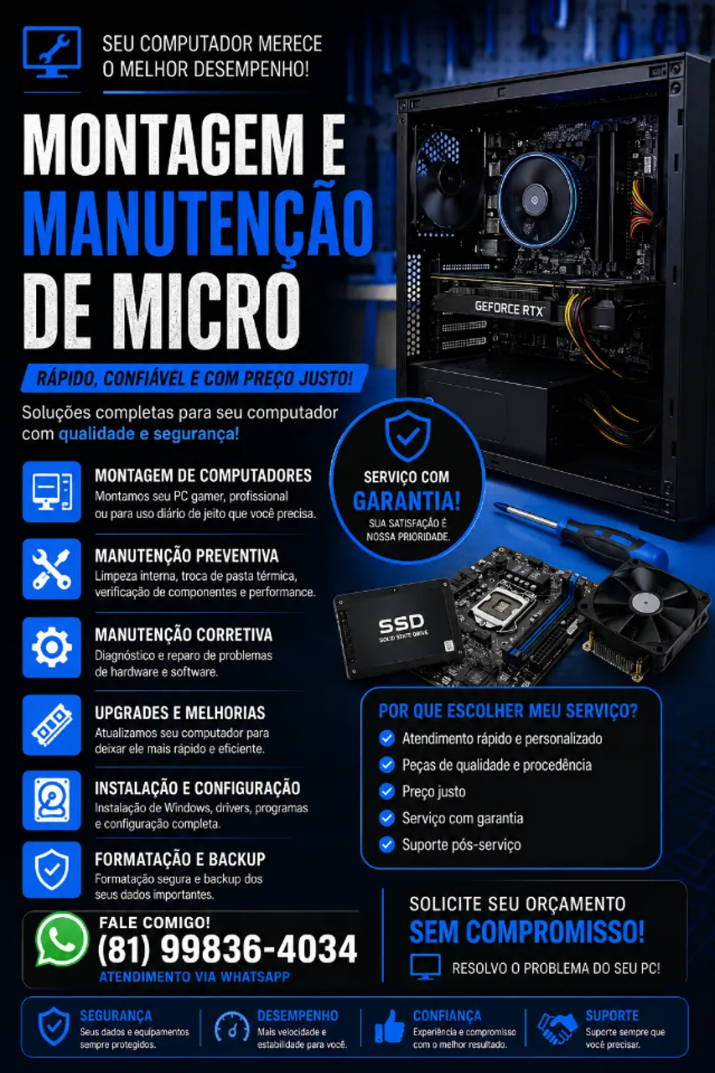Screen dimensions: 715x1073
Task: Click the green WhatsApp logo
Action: (61, 940)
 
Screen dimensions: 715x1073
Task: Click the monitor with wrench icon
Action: (52, 52)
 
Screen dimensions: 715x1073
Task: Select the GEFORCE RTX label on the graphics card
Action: (509, 308)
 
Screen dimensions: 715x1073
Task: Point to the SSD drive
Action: (400, 629)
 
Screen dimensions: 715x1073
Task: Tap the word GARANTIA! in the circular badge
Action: (407, 501)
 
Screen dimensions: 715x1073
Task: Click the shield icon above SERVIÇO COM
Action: (407, 435)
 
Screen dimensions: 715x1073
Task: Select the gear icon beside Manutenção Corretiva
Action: (52, 647)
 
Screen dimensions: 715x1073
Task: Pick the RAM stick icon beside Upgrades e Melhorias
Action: (52, 725)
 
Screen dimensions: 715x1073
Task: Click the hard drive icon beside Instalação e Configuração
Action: (52, 801)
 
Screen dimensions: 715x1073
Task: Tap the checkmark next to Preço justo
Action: (386, 791)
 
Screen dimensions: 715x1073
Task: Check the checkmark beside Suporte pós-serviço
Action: (386, 844)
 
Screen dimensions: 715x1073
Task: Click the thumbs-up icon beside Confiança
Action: (389, 1026)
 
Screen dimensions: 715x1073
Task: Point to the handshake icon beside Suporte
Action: (557, 1028)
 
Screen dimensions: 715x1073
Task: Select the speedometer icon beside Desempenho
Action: (232, 1027)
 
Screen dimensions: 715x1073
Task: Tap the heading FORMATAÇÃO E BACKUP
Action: (180, 859)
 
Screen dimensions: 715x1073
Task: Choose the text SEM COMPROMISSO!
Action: (526, 931)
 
